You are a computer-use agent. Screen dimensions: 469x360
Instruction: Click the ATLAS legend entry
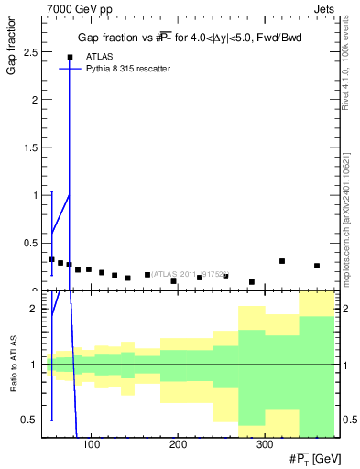pyautogui.click(x=93, y=57)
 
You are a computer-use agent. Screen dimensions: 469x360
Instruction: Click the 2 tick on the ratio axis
pyautogui.click(x=35, y=309)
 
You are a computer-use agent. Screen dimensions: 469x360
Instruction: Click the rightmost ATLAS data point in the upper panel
pyautogui.click(x=317, y=266)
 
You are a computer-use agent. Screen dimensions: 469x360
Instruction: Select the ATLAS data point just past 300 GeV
pyautogui.click(x=282, y=261)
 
